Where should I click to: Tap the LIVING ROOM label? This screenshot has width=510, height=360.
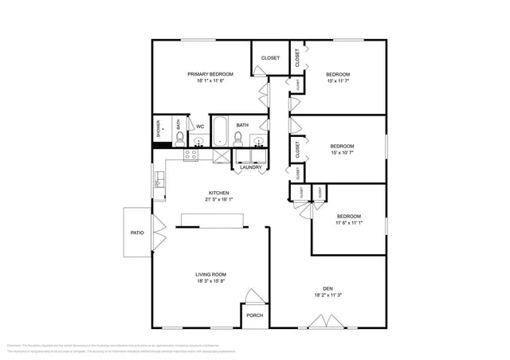click(210, 274)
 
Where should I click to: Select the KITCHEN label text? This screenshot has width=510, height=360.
click(219, 193)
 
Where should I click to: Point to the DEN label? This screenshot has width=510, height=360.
click(327, 288)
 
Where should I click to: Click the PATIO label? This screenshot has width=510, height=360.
click(137, 233)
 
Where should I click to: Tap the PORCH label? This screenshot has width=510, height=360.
click(254, 315)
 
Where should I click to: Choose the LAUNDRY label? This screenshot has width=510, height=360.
click(251, 167)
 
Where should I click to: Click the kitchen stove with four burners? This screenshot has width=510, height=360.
click(191, 155)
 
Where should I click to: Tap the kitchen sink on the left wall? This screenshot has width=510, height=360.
click(159, 182)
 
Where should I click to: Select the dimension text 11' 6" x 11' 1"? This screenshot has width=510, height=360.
click(348, 222)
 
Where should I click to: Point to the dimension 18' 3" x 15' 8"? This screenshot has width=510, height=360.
click(210, 280)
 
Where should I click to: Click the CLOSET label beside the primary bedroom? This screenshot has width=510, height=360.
click(270, 58)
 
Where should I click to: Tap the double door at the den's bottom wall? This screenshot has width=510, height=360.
click(324, 322)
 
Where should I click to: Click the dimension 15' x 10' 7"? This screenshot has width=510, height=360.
click(342, 152)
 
